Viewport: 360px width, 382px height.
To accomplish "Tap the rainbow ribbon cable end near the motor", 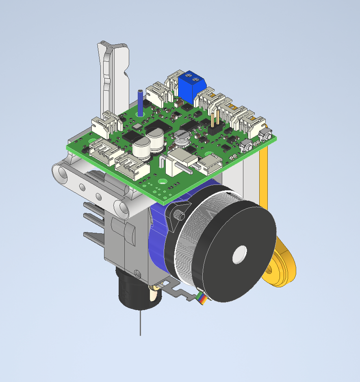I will [x=201, y=299].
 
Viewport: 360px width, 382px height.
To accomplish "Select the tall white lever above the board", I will [x=112, y=77].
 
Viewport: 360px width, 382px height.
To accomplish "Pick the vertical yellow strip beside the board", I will [x=264, y=175].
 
